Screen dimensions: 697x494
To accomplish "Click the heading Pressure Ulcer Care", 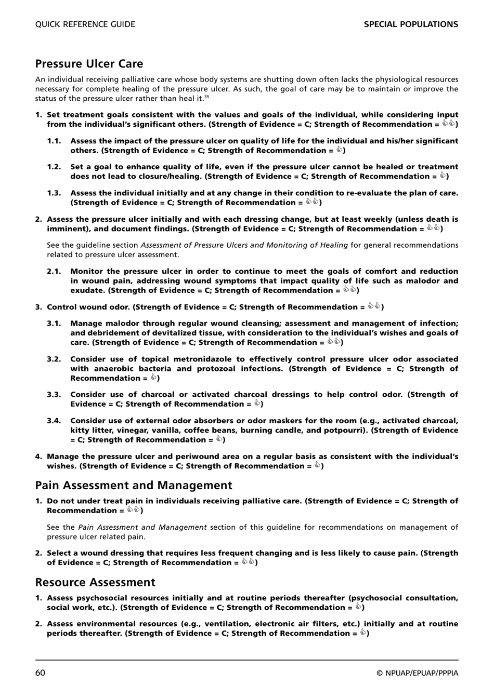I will tap(89, 64).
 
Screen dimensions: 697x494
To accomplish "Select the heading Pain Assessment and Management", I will tap(134, 485).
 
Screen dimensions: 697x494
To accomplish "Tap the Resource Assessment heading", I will tap(95, 582).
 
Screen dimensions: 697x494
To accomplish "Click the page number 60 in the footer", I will tap(41, 673).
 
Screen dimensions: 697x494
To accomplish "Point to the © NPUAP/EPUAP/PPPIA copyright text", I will tap(418, 673).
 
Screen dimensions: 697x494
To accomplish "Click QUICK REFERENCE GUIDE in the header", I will tap(85, 24).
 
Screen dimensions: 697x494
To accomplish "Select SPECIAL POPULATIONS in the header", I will tap(411, 24).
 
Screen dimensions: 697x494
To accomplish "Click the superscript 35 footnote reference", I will tap(206, 97).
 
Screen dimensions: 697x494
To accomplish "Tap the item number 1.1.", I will tap(54, 141).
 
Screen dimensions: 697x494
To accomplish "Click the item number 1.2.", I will tap(54, 167).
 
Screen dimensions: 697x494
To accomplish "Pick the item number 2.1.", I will tap(54, 271).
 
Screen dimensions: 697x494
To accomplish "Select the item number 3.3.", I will tap(54, 395).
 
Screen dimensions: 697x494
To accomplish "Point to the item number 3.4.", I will tap(54, 421).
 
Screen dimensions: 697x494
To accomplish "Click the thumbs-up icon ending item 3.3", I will tap(257, 404).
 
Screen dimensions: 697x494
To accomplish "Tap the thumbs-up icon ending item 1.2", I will tap(443, 176).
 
